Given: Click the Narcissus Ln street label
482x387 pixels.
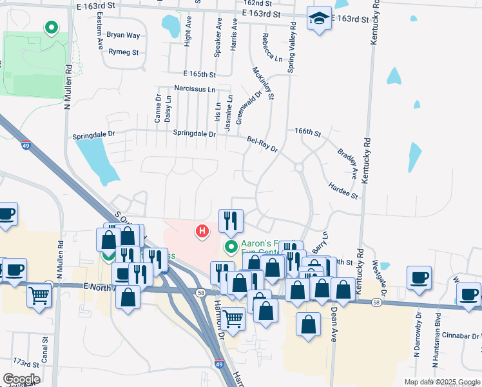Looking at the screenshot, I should tap(194, 88).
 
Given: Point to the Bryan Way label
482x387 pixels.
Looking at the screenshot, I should tap(123, 35).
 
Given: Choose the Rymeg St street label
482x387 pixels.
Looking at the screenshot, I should tap(124, 52).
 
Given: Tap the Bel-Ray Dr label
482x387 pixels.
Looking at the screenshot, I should tap(262, 144).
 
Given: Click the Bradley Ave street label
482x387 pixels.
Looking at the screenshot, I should tap(347, 164).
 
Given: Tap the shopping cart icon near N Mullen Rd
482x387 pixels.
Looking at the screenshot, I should tap(39, 296).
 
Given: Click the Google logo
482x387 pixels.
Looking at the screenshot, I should tap(21, 379).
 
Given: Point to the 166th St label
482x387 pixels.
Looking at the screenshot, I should tap(308, 132).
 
